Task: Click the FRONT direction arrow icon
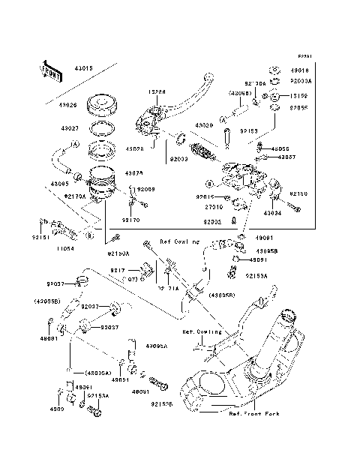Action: [50, 69]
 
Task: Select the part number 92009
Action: [145, 190]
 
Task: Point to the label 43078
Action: [133, 172]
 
